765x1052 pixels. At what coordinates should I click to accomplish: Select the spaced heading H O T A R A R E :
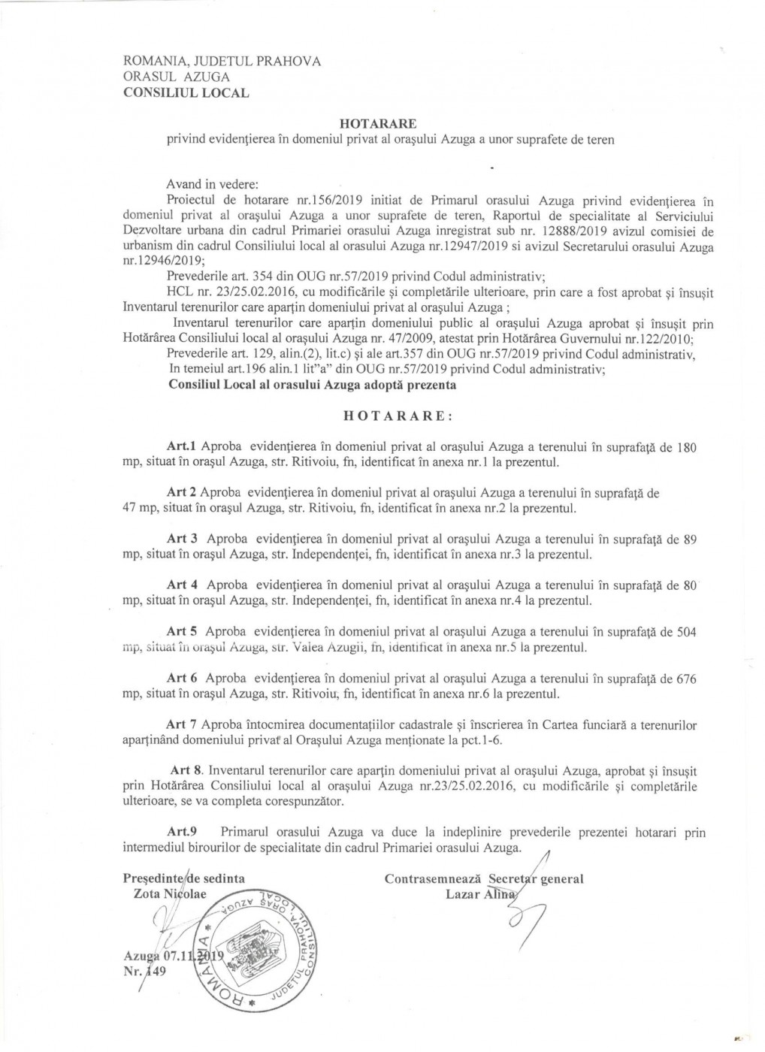[398, 416]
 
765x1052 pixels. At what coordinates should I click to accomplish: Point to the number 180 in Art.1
[687, 448]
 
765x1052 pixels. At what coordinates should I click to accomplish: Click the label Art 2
[181, 493]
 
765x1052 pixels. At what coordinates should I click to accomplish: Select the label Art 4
[181, 585]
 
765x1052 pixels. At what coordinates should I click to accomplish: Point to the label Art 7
[181, 724]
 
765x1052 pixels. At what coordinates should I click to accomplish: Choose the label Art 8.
[186, 770]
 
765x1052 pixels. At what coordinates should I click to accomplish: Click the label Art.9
[181, 833]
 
